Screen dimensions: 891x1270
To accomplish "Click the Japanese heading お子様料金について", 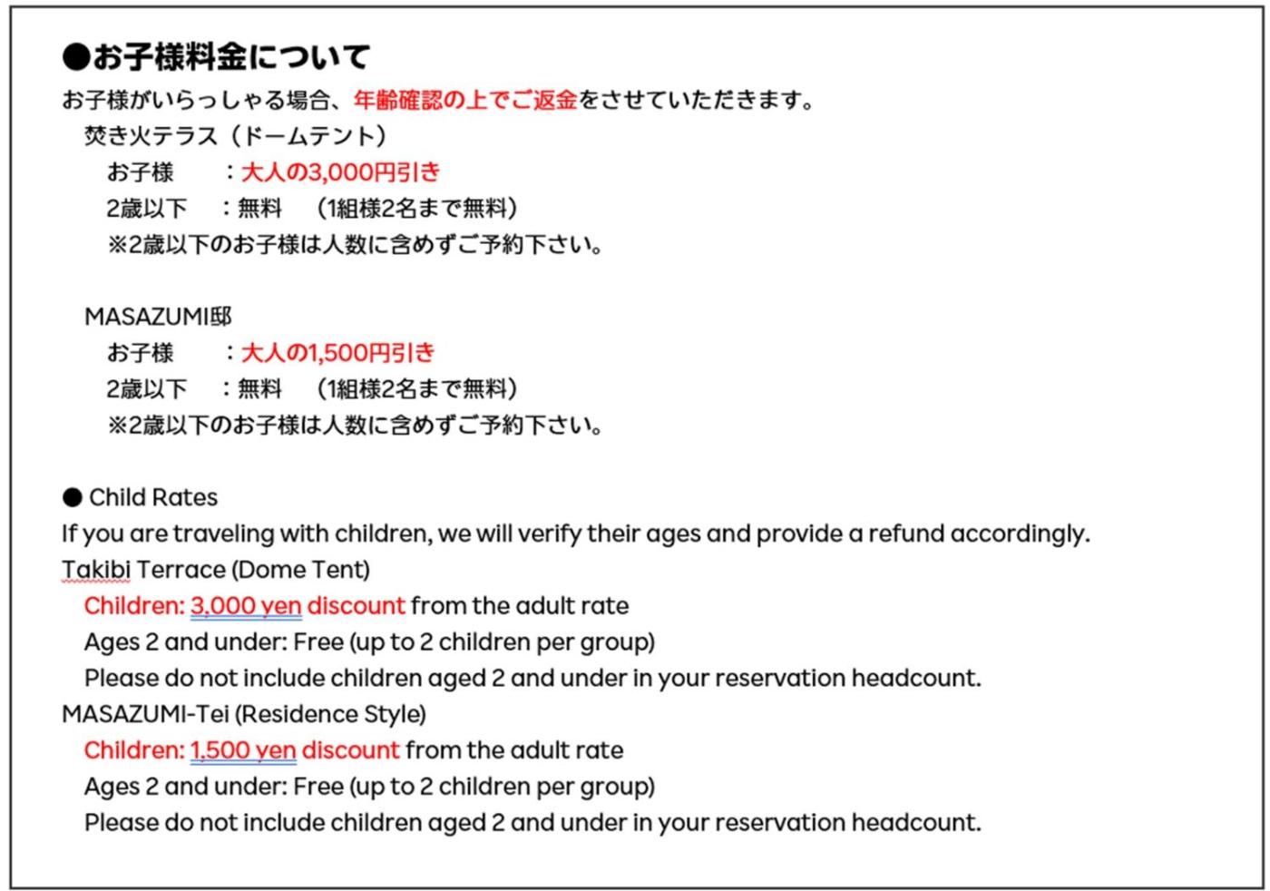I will tap(230, 57).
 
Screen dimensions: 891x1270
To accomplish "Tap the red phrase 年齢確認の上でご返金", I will tap(465, 100).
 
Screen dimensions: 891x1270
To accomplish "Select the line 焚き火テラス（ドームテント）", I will tap(236, 136).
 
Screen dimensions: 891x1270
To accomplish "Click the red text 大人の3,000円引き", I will tap(340, 172).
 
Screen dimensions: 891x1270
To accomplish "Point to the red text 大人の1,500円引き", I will tap(338, 353).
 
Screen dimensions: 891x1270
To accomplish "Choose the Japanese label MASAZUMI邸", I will tap(158, 317).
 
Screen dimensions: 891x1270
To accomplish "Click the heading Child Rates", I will tap(153, 497).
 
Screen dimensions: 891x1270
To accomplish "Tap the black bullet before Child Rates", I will tap(72, 497).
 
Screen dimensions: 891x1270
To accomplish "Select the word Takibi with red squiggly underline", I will tap(96, 570).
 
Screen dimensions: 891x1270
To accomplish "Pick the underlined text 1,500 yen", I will tap(243, 750).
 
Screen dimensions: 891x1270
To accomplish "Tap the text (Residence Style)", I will tap(331, 714).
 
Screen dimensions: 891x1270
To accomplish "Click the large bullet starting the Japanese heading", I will tap(76, 57).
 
